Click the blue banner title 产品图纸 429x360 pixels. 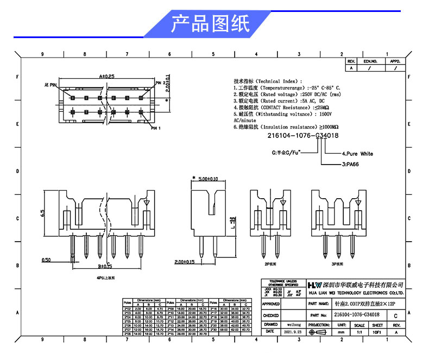pos(210,24)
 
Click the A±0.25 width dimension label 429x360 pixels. pos(107,77)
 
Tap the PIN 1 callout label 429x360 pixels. pos(157,128)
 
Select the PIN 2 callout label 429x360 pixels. pos(162,83)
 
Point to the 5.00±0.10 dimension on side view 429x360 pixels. pos(207,179)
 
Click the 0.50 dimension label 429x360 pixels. pos(47,260)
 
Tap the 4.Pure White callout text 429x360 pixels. pos(357,154)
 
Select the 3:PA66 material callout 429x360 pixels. pos(350,163)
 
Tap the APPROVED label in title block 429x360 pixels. pos(270,304)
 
